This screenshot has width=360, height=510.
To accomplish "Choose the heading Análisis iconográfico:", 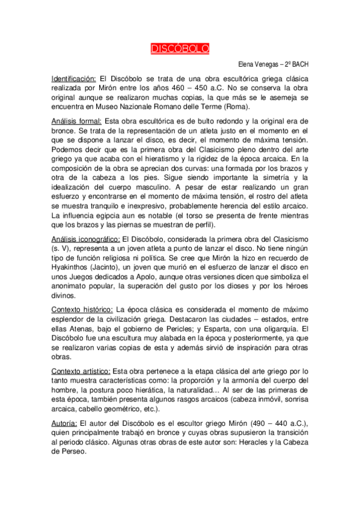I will pos(85,239).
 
